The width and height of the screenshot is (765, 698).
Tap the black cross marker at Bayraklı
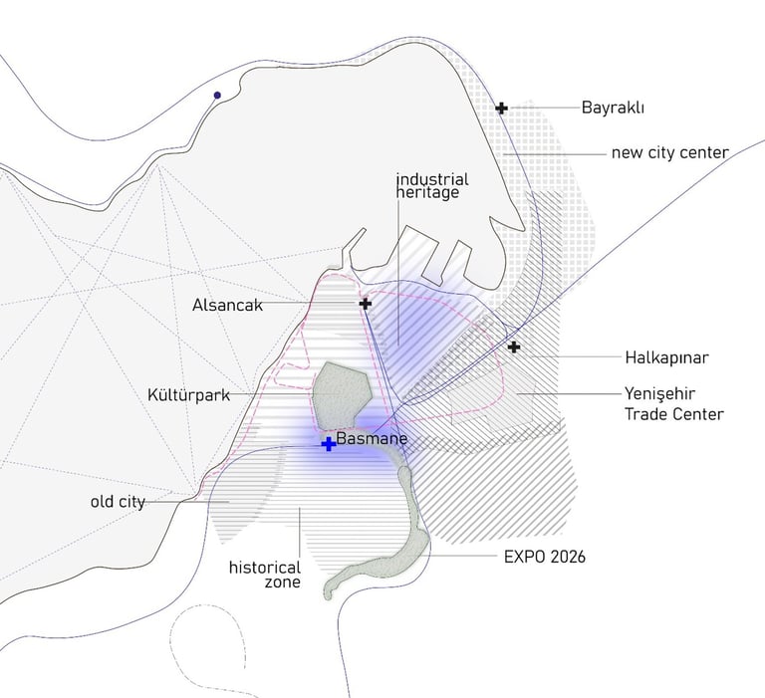pos(502,108)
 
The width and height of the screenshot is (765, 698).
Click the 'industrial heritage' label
pos(432,186)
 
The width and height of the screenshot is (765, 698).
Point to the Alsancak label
pos(227,306)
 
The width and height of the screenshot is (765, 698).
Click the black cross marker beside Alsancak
pos(365,303)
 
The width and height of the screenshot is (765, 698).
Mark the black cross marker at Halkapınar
pos(513,347)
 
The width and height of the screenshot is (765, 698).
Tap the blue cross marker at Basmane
pos(328,444)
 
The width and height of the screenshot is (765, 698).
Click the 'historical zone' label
pos(264,576)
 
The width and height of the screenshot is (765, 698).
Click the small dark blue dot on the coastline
pos(216,96)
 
